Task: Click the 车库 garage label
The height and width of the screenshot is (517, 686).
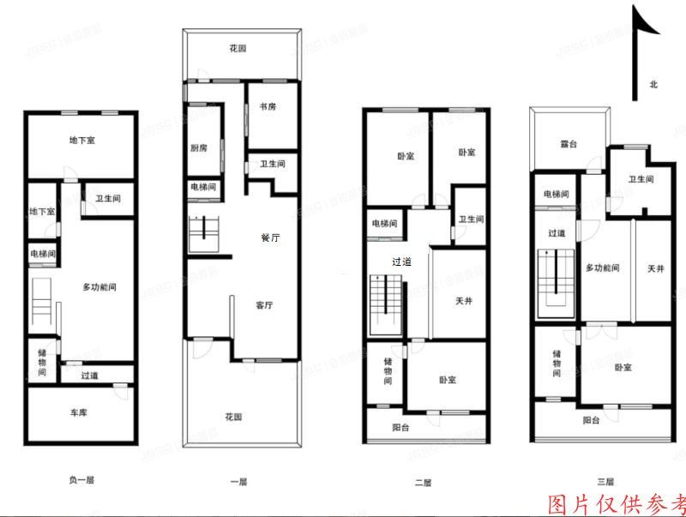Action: (x=79, y=413)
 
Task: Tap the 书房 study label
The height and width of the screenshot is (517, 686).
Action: (x=268, y=107)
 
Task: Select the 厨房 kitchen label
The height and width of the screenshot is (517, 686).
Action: (x=199, y=147)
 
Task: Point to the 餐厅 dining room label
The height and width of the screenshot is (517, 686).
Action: (x=270, y=237)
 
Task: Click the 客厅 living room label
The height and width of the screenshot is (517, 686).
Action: (x=264, y=304)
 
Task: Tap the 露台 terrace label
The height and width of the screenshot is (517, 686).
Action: (x=569, y=144)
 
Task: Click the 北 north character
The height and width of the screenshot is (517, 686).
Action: (x=653, y=84)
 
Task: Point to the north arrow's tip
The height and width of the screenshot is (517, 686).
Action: (x=635, y=7)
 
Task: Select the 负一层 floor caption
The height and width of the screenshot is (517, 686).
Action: (x=81, y=481)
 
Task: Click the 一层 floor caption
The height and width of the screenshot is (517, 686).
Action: (x=239, y=482)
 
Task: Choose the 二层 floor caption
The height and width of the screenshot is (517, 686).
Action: (x=423, y=483)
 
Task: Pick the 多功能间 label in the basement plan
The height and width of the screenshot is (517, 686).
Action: (x=99, y=286)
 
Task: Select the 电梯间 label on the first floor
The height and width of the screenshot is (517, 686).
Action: (x=203, y=187)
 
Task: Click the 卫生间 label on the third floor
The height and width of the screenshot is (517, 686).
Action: (x=641, y=179)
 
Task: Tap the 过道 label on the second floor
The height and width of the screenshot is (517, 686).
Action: (x=400, y=262)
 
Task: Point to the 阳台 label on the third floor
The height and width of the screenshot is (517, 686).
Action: (x=591, y=420)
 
